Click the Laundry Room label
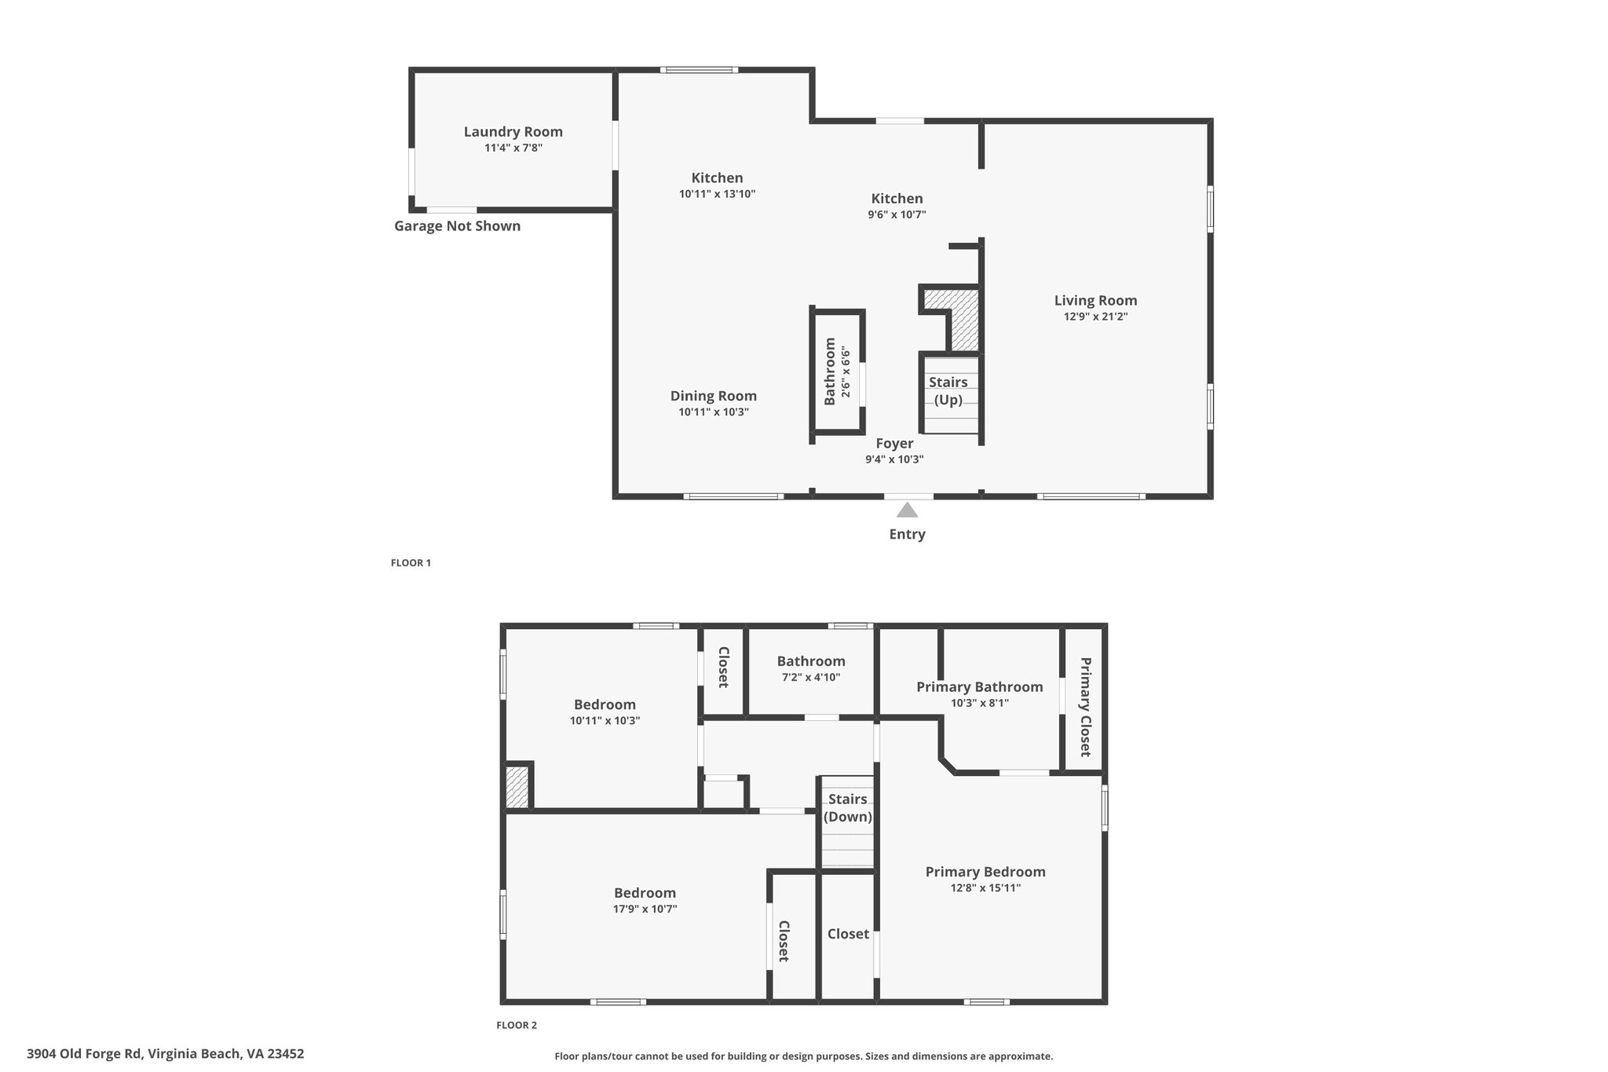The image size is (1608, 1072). point(513,132)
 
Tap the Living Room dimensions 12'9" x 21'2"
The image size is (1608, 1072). point(1095,316)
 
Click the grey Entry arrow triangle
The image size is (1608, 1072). point(908,510)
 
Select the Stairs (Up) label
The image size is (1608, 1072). point(948,391)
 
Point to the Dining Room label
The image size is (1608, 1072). point(713,397)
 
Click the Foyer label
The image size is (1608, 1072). point(894,444)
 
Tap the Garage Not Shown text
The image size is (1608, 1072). point(457,226)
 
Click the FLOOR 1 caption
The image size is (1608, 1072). point(411,563)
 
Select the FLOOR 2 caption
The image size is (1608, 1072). point(517,1025)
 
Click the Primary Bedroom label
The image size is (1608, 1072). point(985,872)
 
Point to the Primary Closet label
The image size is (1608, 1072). point(1085,707)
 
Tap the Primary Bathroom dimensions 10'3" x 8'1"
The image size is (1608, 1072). point(980,704)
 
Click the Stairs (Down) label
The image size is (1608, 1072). point(848,808)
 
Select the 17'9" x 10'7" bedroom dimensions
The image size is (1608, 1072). point(645,909)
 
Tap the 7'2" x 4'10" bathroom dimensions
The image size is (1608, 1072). point(811,677)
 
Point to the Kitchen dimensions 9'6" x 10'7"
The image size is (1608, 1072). point(897,214)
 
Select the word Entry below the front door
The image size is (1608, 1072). point(907,535)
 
